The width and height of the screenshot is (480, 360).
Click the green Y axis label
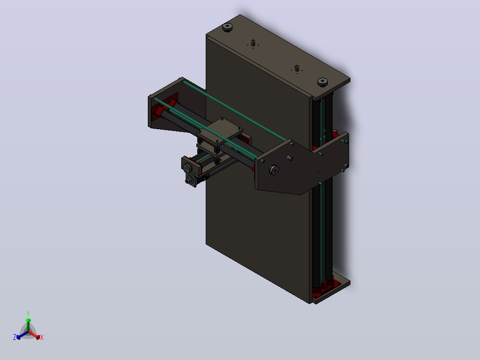[x=28, y=313]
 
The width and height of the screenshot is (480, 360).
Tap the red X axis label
[x=42, y=337]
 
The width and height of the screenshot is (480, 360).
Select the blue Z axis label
[x=15, y=337]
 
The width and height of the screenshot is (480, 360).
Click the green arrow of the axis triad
[x=28, y=325]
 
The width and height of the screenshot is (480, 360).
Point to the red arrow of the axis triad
[x=34, y=335]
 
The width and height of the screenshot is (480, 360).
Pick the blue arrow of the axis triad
[x=22, y=335]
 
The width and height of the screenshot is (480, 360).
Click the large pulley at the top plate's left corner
[x=228, y=27]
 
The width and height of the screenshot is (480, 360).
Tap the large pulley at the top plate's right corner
[x=322, y=82]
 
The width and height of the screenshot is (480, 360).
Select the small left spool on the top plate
[x=253, y=43]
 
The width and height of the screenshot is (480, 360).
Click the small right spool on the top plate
[x=297, y=69]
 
